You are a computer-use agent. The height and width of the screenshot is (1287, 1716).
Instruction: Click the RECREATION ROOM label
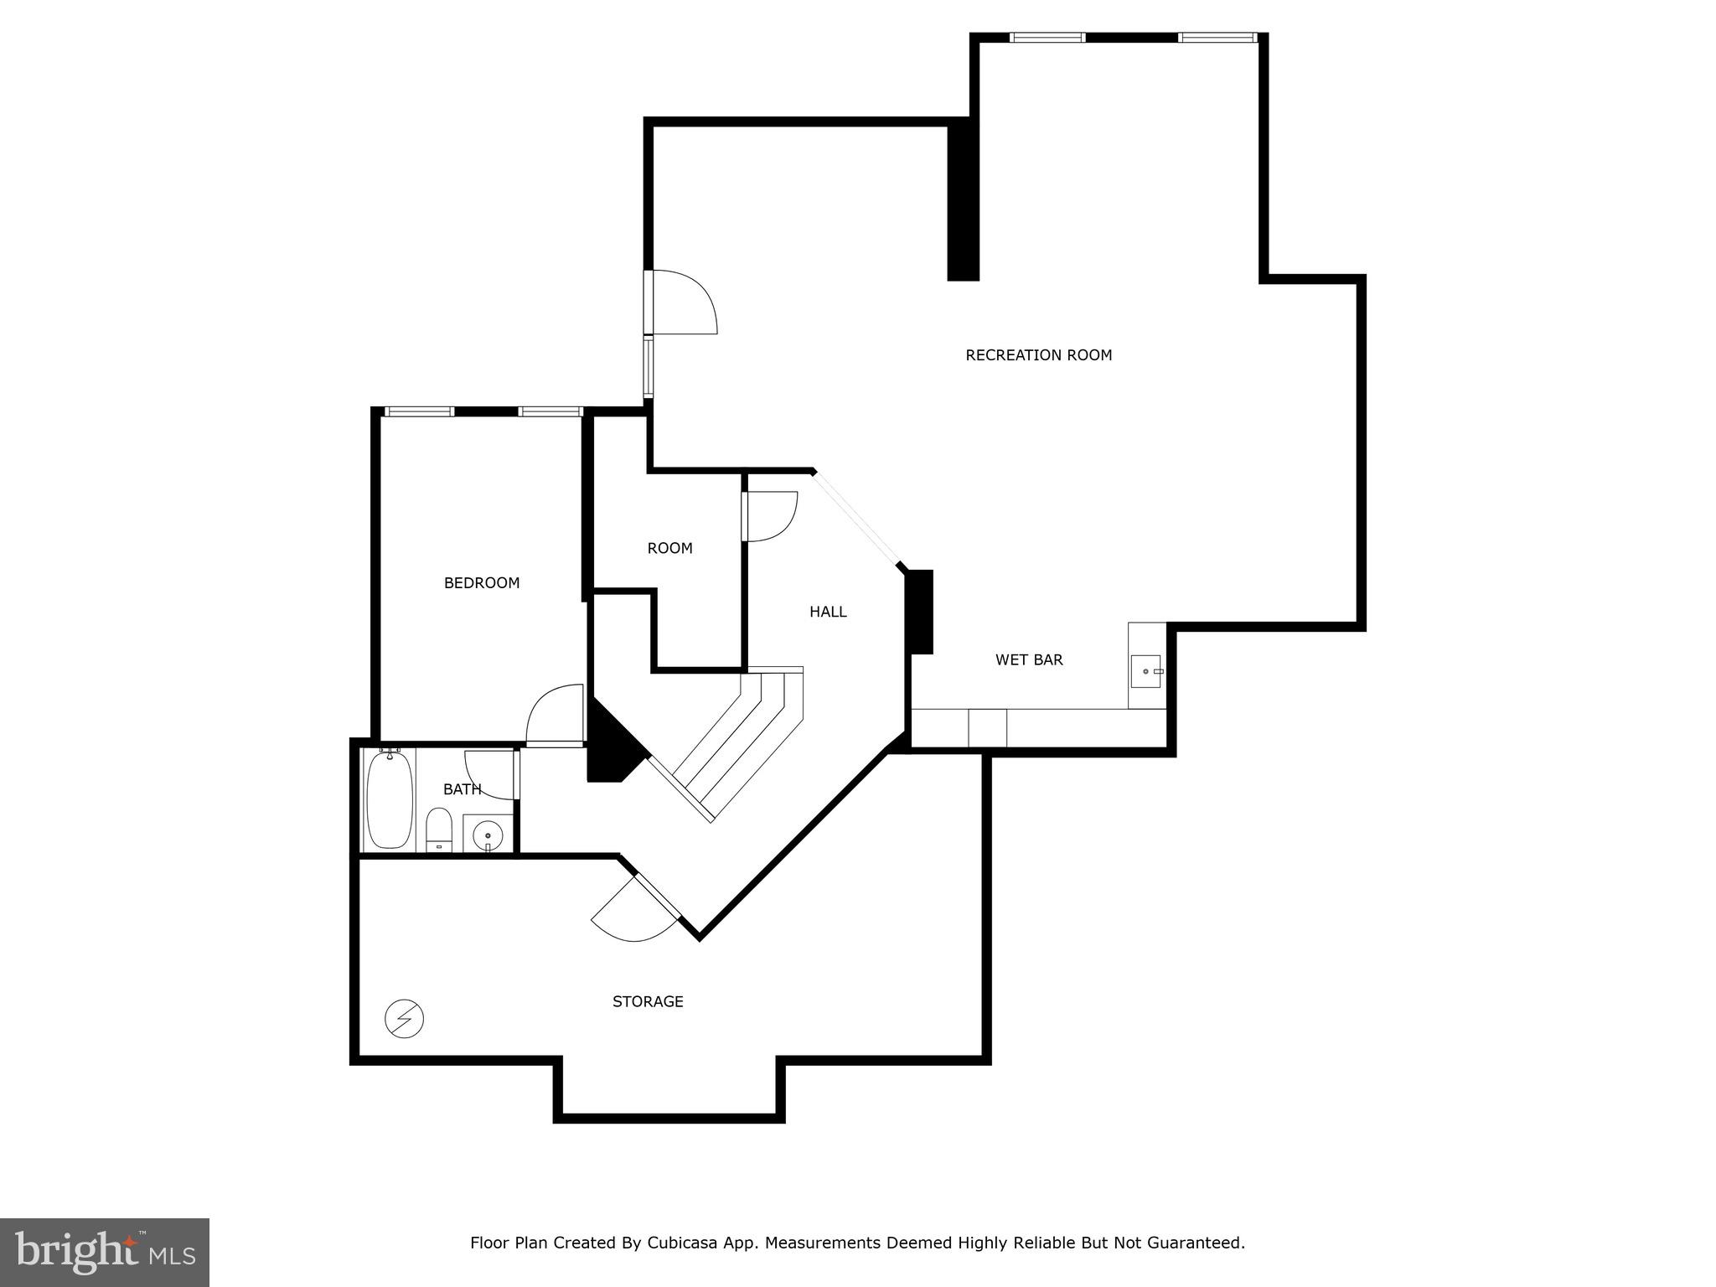point(1038,355)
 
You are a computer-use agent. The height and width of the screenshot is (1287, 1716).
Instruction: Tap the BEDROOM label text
point(482,583)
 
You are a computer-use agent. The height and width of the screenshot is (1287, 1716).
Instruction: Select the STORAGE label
point(648,1001)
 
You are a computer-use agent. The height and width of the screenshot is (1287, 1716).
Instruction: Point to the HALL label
point(828,612)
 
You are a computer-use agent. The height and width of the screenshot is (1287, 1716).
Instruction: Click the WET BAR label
point(1029,660)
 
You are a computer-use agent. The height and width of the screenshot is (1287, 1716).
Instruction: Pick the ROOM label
point(669,549)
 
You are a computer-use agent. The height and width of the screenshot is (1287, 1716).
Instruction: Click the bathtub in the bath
point(390,799)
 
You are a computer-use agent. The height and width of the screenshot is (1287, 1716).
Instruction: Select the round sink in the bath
point(488,835)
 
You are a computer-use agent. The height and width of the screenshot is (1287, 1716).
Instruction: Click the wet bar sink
point(1145,671)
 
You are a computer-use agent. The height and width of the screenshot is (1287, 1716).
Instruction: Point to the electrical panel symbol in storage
point(404,1019)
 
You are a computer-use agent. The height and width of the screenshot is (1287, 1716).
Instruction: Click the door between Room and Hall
point(769,515)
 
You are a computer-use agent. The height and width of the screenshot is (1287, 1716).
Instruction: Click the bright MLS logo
point(105,1253)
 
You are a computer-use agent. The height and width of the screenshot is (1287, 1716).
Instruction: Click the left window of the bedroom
point(419,411)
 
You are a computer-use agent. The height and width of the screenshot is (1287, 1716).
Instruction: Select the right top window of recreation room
point(1217,38)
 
